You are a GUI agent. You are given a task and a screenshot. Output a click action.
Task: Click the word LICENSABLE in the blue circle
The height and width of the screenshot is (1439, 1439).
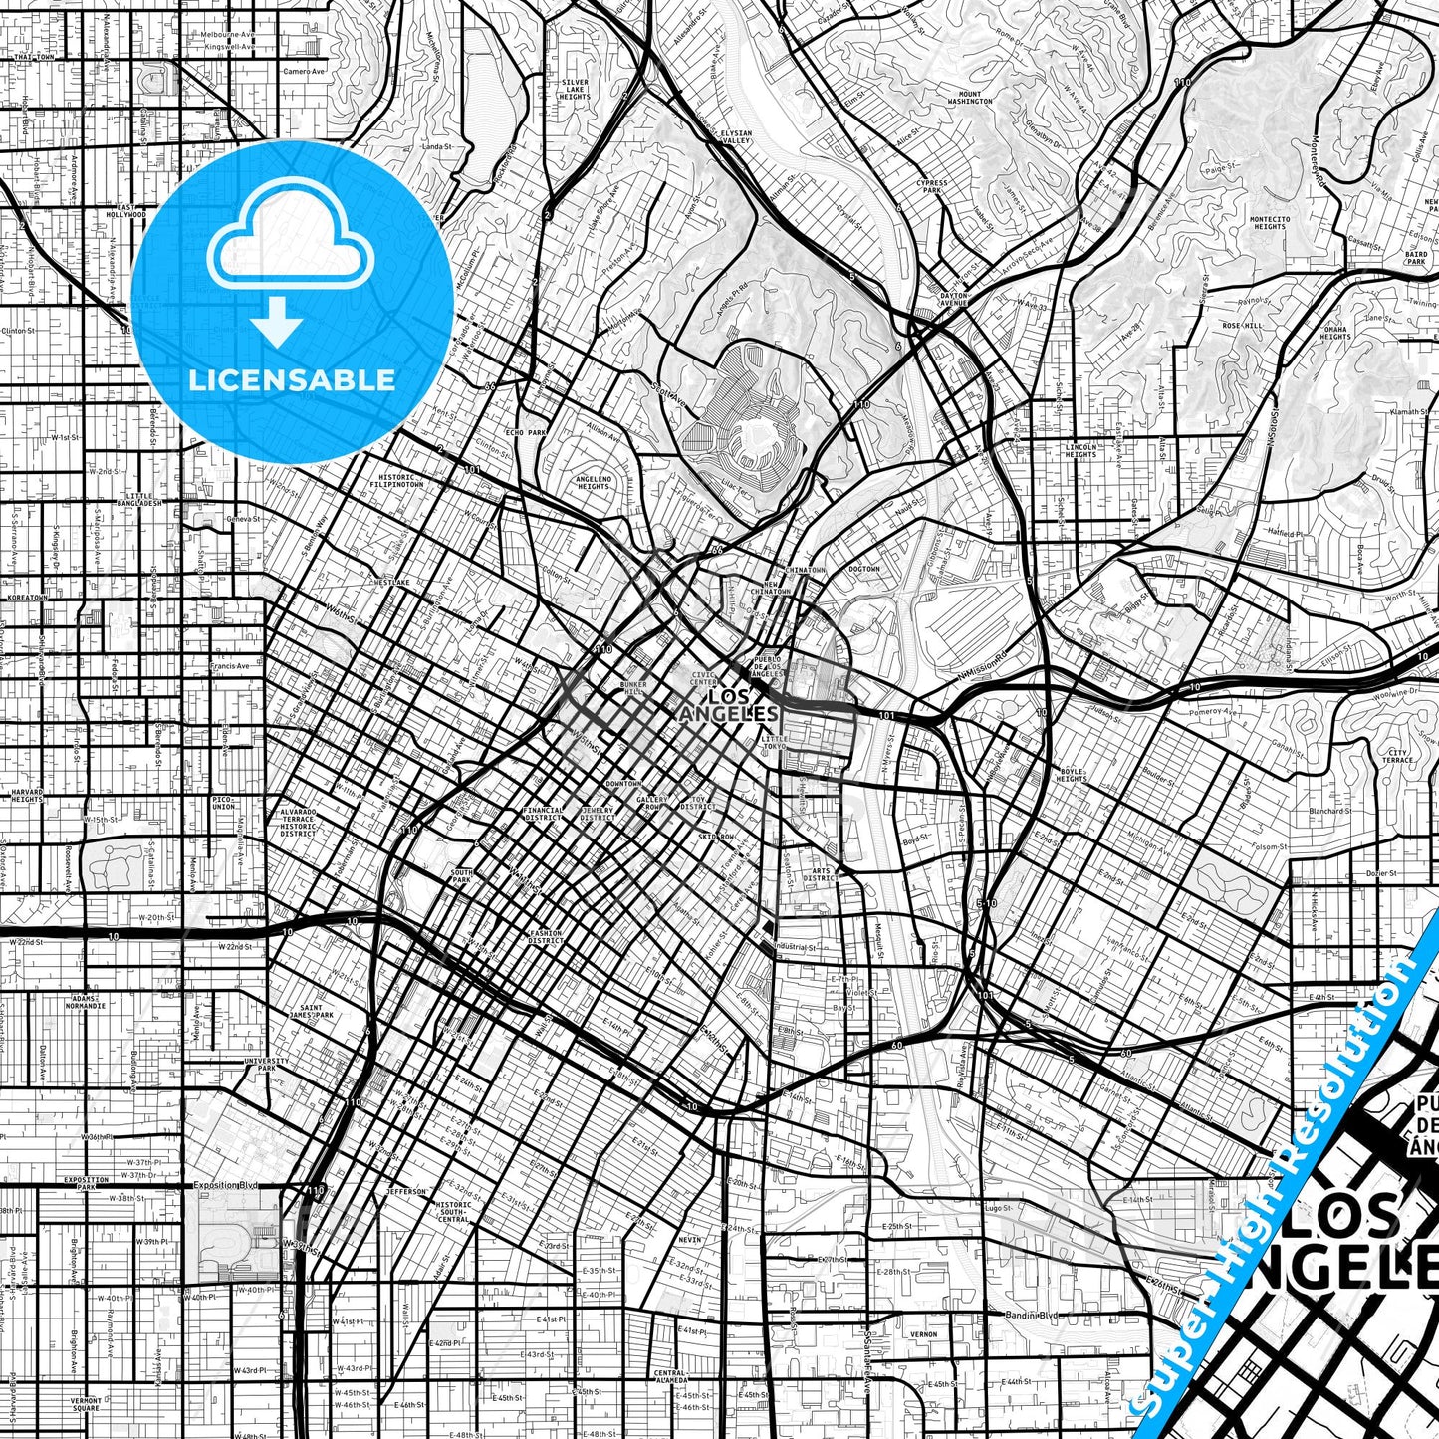click(x=292, y=380)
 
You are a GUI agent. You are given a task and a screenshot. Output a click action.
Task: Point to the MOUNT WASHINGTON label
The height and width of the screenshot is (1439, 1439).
click(x=970, y=98)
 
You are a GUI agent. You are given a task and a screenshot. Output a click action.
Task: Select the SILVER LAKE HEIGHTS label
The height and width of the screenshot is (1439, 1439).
click(x=575, y=89)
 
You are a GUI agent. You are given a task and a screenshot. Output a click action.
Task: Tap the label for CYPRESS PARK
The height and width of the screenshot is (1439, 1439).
click(x=932, y=186)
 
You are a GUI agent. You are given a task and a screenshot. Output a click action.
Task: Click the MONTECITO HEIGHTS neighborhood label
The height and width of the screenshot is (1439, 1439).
click(x=1270, y=223)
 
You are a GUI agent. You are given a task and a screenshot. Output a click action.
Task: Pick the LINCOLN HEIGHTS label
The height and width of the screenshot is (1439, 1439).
click(x=1080, y=451)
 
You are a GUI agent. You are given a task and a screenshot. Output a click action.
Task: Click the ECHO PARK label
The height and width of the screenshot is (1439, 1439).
click(x=527, y=433)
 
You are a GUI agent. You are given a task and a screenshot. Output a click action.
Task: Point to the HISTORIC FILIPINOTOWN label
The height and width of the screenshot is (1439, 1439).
click(x=396, y=480)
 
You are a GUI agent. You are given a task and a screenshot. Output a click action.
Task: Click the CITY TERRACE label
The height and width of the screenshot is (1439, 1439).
click(x=1397, y=756)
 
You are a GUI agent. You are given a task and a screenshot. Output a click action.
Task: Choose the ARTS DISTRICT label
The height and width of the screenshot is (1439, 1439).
click(x=819, y=874)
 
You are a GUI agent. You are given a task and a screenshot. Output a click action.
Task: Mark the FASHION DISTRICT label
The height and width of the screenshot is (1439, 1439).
click(x=545, y=937)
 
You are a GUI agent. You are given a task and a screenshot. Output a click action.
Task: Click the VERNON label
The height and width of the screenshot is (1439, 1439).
click(x=923, y=1334)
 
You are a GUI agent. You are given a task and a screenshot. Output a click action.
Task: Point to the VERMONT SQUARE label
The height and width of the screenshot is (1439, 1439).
click(x=86, y=1404)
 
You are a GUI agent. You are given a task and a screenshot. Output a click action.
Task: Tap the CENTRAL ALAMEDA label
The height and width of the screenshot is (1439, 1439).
click(x=670, y=1376)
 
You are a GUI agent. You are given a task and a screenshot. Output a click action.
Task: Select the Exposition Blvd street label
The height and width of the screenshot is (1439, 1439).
click(x=225, y=1186)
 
